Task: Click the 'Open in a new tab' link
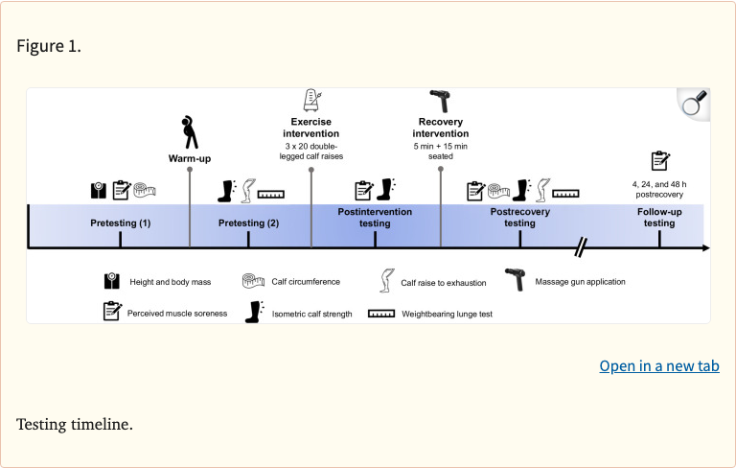658,366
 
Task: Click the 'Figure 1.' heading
49,46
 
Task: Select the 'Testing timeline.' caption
75,424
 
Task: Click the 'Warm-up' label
189,157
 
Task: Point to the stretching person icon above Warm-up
190,129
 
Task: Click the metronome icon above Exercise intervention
311,101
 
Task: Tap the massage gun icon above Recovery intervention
440,101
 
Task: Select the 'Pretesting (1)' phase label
120,222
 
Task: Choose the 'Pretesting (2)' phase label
248,222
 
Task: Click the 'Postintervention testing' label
375,217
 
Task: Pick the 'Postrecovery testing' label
519,217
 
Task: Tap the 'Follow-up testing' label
658,217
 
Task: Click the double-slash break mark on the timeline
580,247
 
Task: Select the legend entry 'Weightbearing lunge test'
447,314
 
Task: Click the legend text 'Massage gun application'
580,282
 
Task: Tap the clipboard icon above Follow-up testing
659,159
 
